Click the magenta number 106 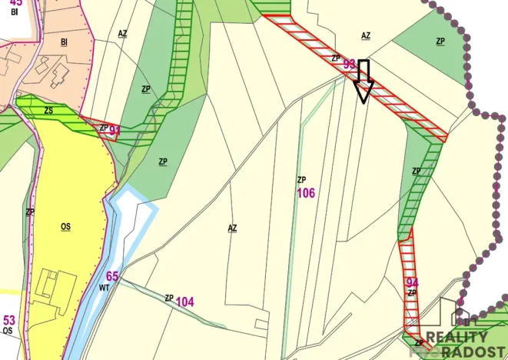[x=306, y=192]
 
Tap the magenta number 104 [x=184, y=301]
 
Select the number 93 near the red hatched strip [x=350, y=65]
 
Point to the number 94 [x=412, y=282]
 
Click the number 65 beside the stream [x=112, y=276]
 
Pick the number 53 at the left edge [x=9, y=320]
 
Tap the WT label [x=105, y=288]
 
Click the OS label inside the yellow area [x=65, y=227]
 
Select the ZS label [x=48, y=111]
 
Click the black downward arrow [x=364, y=81]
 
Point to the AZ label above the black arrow [x=366, y=35]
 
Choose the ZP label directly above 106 [x=302, y=179]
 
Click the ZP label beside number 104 [x=168, y=298]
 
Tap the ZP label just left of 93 [x=336, y=58]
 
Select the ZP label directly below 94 [x=412, y=293]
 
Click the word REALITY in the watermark [x=457, y=336]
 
